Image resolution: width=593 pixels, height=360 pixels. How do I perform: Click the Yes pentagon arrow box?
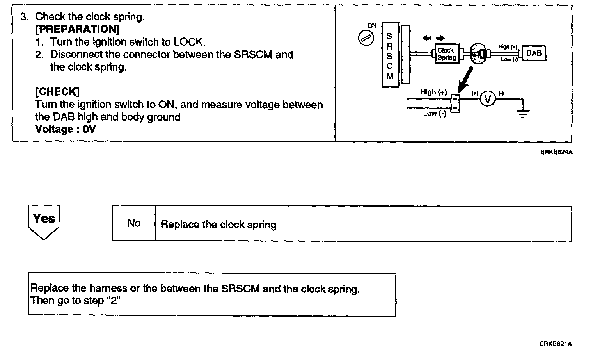44,221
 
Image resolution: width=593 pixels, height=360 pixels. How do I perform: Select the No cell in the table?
133,223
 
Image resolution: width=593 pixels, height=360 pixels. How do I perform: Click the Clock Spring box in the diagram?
446,54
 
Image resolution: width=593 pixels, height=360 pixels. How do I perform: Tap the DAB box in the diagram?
534,53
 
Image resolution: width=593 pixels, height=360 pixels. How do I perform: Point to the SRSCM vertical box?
389,54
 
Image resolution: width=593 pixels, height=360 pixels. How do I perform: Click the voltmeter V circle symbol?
487,100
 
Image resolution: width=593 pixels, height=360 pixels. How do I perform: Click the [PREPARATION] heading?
77,29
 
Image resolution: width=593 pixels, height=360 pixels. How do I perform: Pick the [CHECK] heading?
57,92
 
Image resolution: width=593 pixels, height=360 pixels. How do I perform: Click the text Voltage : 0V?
65,129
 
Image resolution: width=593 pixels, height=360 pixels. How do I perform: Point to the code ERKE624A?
556,152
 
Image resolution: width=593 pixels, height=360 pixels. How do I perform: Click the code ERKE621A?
556,344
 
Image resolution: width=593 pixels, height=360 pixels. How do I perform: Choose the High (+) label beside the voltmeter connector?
433,92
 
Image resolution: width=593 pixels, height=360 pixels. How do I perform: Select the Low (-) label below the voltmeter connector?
434,113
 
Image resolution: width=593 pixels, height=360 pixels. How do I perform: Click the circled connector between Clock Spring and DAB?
479,53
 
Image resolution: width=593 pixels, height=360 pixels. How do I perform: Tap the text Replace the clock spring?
218,225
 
